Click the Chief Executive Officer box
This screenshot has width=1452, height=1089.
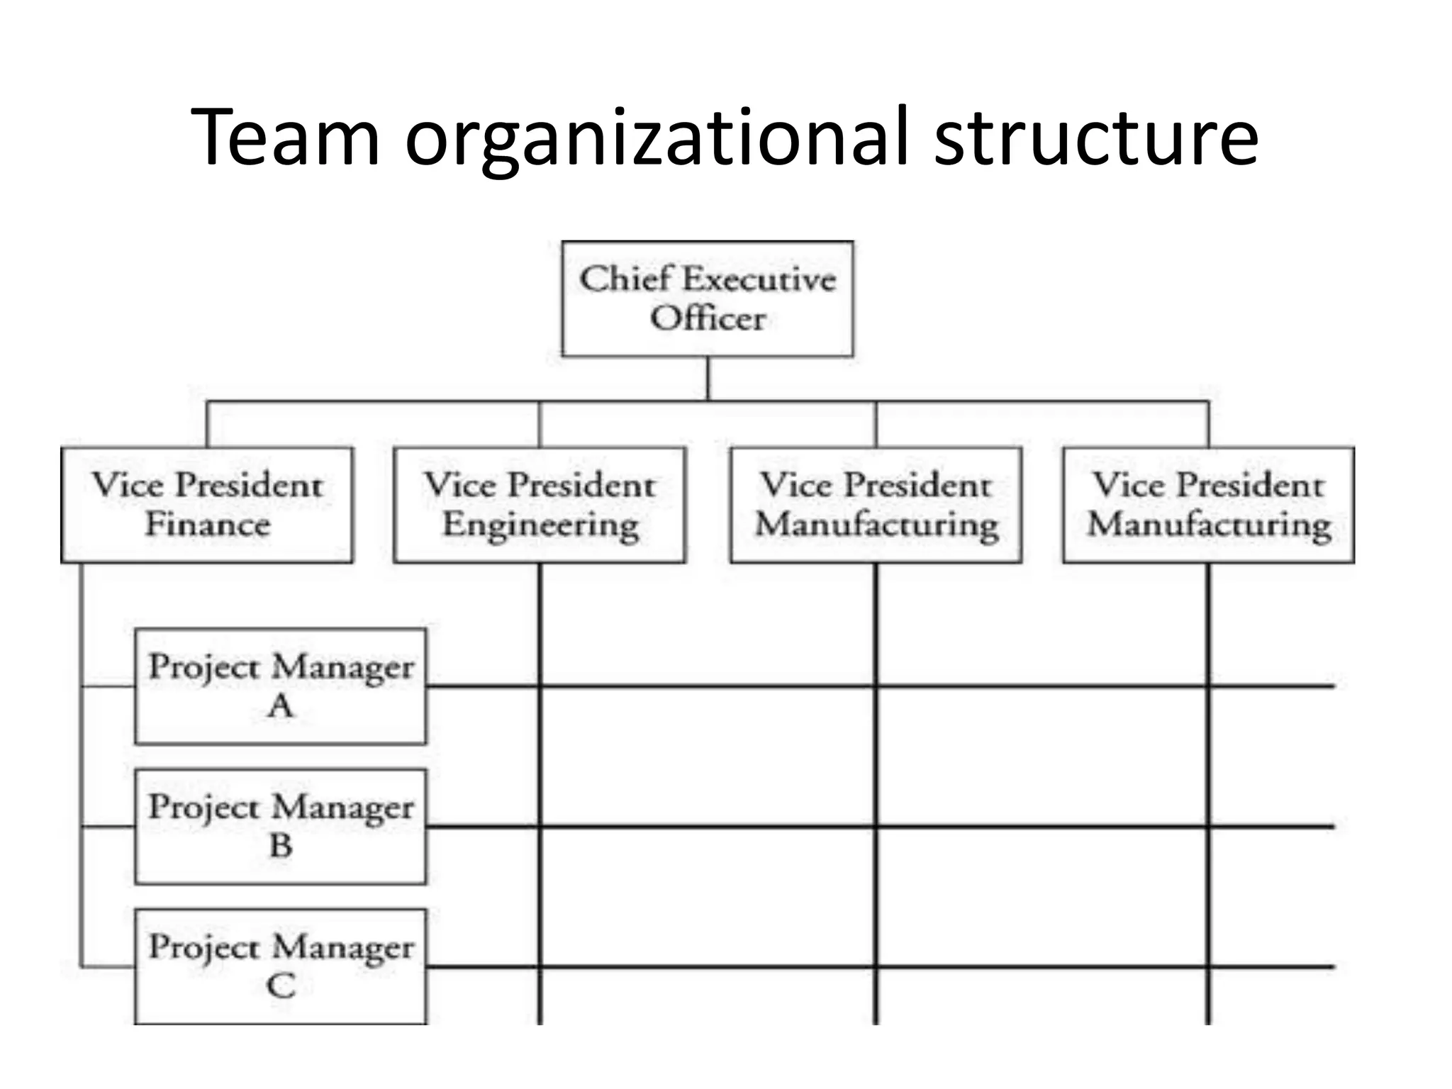pyautogui.click(x=707, y=298)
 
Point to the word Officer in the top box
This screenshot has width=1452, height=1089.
pyautogui.click(x=708, y=318)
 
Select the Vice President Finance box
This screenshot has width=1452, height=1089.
pyautogui.click(x=207, y=505)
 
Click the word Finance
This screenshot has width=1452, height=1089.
pyautogui.click(x=208, y=525)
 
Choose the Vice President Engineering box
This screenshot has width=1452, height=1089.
pyautogui.click(x=540, y=505)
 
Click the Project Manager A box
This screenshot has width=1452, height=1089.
pyautogui.click(x=281, y=686)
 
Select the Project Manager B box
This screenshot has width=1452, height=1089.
pyautogui.click(x=281, y=827)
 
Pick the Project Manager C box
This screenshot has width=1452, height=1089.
pyautogui.click(x=281, y=966)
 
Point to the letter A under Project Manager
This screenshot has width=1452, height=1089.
pyautogui.click(x=281, y=706)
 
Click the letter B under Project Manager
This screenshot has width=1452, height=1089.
pyautogui.click(x=281, y=846)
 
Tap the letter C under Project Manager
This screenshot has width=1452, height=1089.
pyautogui.click(x=281, y=986)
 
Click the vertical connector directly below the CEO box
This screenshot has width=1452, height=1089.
pyautogui.click(x=708, y=378)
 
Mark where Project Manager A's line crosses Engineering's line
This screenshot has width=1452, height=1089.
pyautogui.click(x=540, y=686)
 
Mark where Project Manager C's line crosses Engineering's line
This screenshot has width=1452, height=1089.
pyautogui.click(x=540, y=966)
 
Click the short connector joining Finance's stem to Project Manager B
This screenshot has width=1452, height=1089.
pyautogui.click(x=108, y=827)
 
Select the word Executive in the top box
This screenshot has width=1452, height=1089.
pyautogui.click(x=759, y=279)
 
